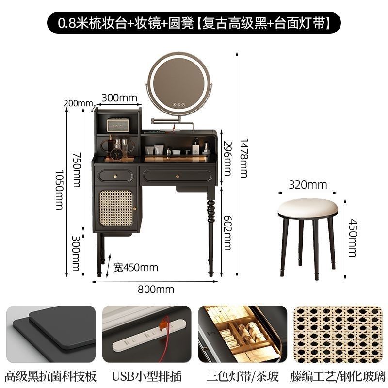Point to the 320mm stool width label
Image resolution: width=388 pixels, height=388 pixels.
click(307, 184)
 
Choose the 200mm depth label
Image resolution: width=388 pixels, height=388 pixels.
click(77, 103)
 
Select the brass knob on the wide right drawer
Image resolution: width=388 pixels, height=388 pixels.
click(178, 175)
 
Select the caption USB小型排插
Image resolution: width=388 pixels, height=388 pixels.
click(146, 375)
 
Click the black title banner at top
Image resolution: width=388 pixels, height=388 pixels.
click(194, 22)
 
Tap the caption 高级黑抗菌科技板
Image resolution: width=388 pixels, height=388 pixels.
click(50, 375)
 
